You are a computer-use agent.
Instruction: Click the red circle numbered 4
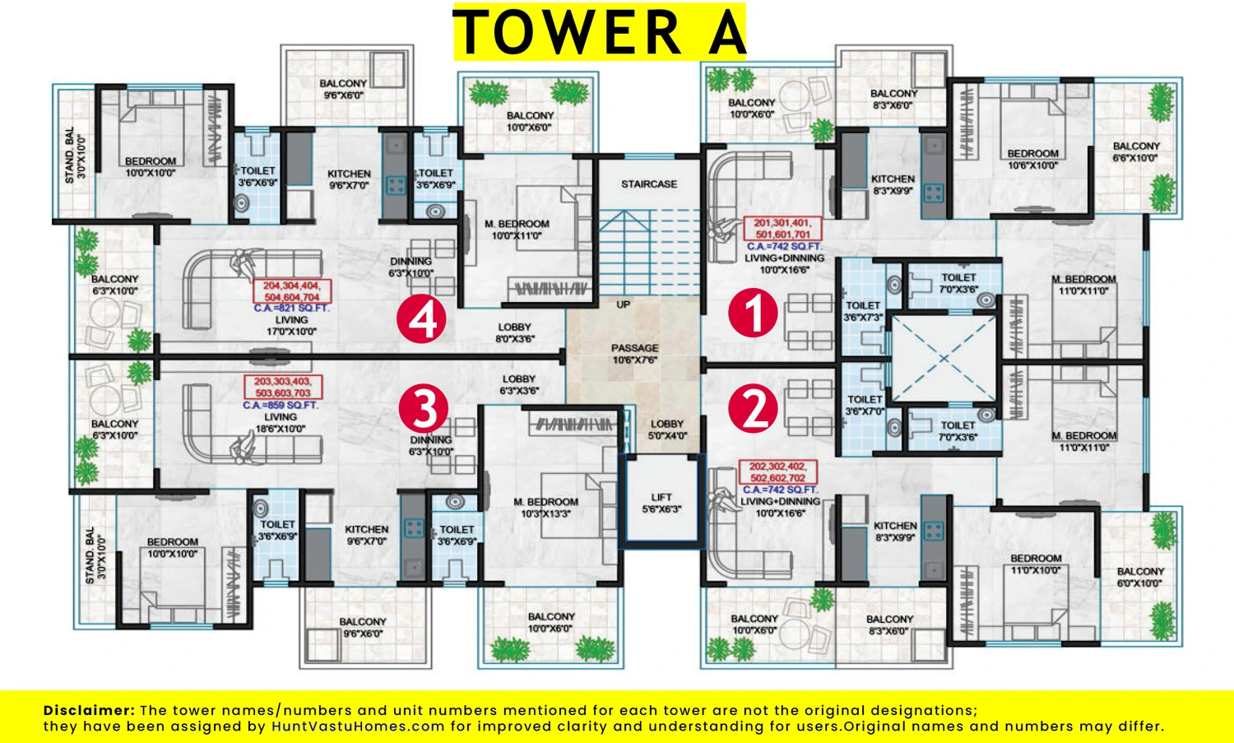421,318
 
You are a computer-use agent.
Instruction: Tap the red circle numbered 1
753,313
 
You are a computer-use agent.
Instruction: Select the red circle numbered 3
423,408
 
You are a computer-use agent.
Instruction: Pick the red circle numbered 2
753,408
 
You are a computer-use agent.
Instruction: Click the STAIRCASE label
649,184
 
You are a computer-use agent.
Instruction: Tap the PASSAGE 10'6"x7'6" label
634,354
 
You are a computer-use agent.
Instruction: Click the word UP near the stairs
623,304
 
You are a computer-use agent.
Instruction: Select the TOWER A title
600,31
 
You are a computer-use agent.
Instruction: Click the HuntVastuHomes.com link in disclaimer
358,727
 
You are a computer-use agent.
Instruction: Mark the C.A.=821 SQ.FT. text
291,308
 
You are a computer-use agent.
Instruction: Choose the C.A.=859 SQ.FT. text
281,405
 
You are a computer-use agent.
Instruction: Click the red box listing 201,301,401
782,228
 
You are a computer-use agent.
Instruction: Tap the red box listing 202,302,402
777,471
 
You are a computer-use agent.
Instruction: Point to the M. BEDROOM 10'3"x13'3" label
546,508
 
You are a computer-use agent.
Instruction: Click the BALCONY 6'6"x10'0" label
1136,151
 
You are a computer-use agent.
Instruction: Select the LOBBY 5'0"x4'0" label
667,430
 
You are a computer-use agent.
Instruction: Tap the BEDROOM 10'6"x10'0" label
1032,160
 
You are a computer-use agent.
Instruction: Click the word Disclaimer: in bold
89,710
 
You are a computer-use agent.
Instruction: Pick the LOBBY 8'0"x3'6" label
514,332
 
